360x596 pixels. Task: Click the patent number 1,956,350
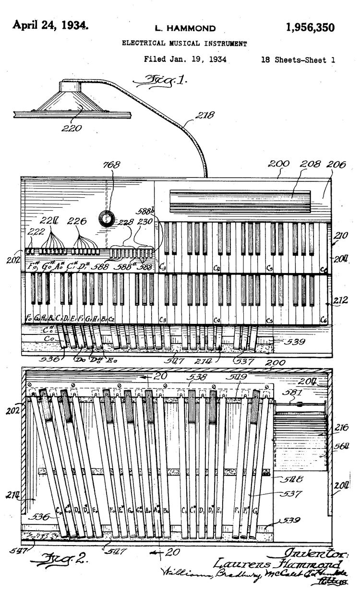(310, 27)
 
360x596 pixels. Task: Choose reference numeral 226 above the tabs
(77, 221)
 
